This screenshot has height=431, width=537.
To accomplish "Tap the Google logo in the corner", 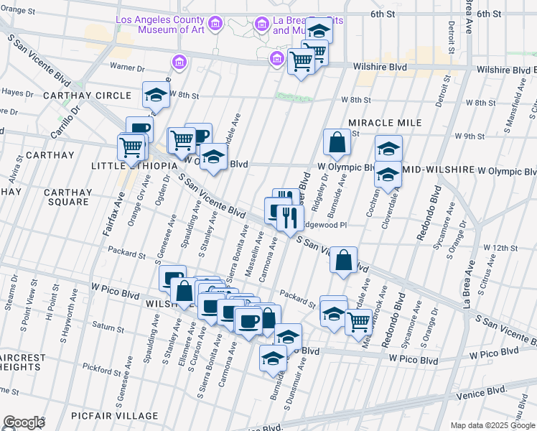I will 24,422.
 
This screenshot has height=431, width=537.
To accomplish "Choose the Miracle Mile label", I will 378,123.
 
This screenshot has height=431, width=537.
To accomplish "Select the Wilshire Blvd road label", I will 380,68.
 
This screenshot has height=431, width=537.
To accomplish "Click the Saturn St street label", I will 108,326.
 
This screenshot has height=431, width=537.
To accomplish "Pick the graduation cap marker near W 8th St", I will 156,94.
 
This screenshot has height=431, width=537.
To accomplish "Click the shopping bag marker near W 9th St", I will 337,142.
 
